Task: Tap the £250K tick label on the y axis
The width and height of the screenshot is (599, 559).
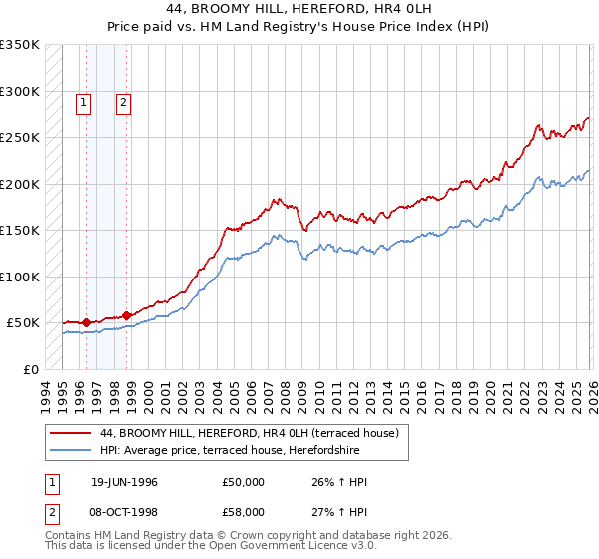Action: coord(19,138)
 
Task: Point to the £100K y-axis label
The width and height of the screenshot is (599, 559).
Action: coord(19,277)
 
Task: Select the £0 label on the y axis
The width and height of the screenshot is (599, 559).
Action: coord(32,369)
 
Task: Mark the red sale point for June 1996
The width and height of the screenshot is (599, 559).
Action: coord(87,322)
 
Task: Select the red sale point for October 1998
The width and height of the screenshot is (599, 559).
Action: coord(127,315)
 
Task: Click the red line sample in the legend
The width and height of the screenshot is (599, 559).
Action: coord(70,433)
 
